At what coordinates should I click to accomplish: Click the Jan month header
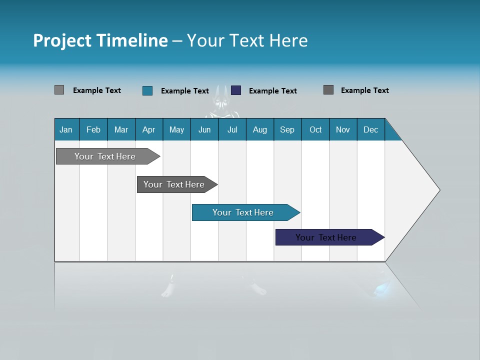(x=66, y=129)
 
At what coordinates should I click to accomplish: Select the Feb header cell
(x=93, y=129)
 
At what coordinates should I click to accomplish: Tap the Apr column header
(x=149, y=129)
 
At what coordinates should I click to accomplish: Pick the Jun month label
(x=204, y=129)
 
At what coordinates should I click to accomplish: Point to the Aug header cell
(x=260, y=129)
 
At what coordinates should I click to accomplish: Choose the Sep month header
(x=287, y=129)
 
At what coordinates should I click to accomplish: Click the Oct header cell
(x=315, y=129)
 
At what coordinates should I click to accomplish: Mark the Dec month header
(x=371, y=129)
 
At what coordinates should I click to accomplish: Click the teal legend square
(x=147, y=90)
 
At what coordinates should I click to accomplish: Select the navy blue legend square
(x=236, y=90)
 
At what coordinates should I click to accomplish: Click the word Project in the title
(x=62, y=40)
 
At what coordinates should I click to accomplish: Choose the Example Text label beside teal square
(x=184, y=91)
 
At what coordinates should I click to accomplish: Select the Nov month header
(x=343, y=129)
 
